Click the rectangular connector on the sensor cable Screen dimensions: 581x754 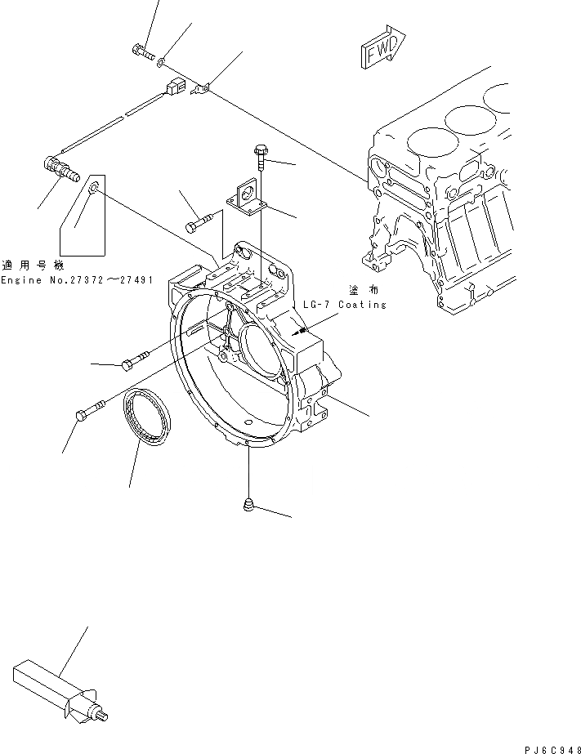173,87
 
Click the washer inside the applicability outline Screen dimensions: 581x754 95,189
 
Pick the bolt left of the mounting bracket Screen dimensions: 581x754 199,222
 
